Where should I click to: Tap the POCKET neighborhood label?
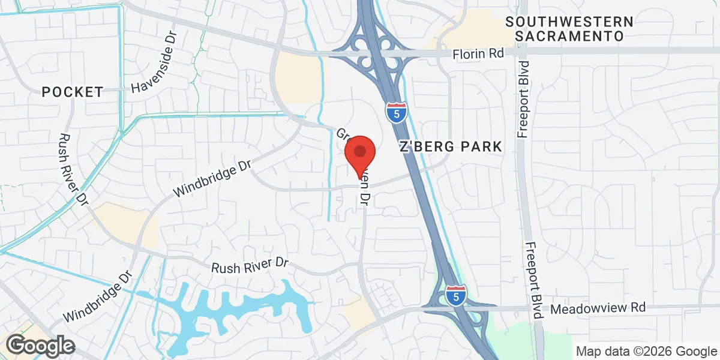click(73, 92)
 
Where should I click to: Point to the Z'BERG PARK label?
click(450, 146)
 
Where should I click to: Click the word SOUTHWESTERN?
click(569, 22)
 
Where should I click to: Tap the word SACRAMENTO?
click(569, 37)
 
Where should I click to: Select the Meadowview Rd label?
click(598, 308)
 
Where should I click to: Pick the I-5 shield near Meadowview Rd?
click(455, 296)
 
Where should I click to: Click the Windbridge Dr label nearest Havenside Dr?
click(211, 179)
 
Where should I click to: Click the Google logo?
click(40, 346)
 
